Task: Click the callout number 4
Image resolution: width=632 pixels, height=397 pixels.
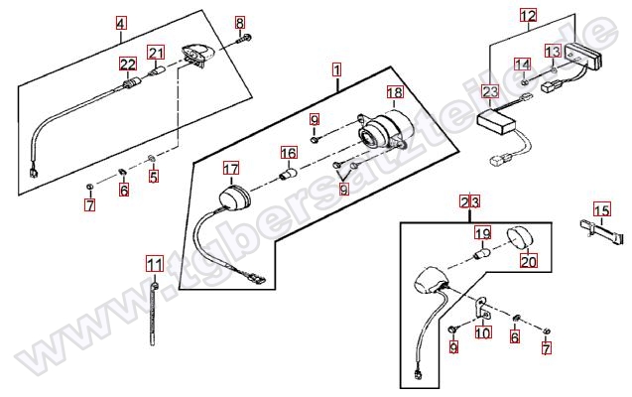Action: coord(121,23)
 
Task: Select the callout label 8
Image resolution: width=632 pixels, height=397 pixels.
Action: coord(239,22)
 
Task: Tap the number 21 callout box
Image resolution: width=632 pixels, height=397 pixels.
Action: coord(155,53)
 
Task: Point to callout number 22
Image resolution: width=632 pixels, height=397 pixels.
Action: coord(127,66)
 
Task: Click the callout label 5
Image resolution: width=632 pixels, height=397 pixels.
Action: coord(154,178)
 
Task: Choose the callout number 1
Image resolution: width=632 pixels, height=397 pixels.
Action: coord(337,70)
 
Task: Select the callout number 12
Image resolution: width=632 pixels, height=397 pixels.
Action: coord(528,16)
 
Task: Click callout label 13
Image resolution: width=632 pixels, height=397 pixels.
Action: coord(553,51)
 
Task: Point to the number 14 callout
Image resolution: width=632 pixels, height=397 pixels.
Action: coord(522,65)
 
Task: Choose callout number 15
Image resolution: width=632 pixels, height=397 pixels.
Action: coord(601,209)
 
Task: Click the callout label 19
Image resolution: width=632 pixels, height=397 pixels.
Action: coord(482,234)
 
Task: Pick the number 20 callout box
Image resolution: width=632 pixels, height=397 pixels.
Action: coord(528,262)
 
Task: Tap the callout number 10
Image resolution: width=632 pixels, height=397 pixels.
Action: coord(482,332)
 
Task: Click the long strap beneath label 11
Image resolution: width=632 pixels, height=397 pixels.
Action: coord(154,313)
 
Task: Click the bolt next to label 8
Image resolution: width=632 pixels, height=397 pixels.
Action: coord(245,41)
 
